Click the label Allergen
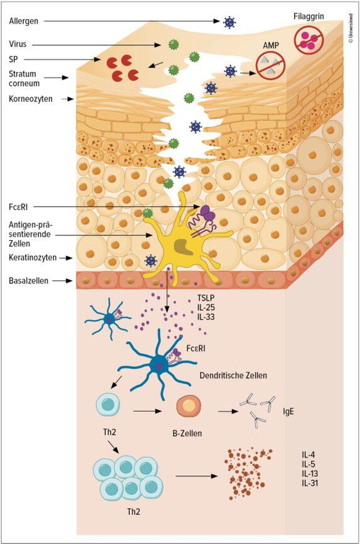24,21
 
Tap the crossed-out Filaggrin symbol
308,39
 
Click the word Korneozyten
31,99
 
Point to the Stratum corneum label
24,78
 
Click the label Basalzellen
28,281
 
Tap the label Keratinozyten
33,258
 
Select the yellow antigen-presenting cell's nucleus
182,246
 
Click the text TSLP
206,299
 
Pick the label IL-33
206,317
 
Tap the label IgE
288,411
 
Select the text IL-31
309,483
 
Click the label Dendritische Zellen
233,375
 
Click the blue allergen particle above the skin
229,22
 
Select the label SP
13,59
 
